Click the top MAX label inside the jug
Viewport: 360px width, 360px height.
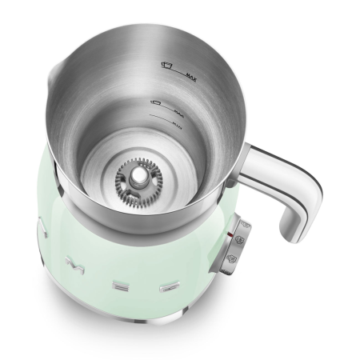point(190,77)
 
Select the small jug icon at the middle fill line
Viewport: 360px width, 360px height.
point(157,103)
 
